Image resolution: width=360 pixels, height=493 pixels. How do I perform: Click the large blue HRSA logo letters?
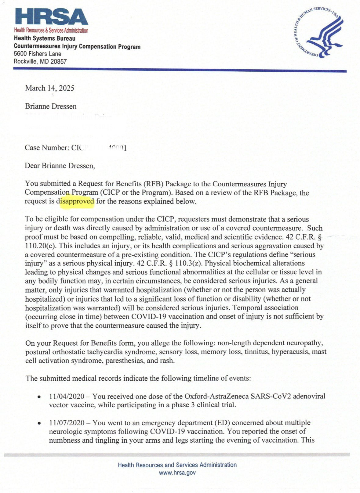[x=51, y=17]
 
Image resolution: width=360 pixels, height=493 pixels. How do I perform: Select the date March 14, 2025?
[x=49, y=88]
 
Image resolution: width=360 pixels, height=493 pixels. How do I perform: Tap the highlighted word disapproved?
[x=77, y=201]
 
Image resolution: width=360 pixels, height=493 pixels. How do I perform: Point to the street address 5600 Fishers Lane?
[x=37, y=54]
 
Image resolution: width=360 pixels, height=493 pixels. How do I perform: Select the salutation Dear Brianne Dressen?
[x=60, y=166]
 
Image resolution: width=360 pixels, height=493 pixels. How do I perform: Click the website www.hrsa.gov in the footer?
[x=177, y=473]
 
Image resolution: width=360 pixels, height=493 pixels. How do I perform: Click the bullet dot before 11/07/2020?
[x=39, y=423]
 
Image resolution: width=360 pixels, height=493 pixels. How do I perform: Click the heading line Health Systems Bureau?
[x=45, y=38]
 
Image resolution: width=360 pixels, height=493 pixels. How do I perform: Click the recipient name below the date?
[x=51, y=106]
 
